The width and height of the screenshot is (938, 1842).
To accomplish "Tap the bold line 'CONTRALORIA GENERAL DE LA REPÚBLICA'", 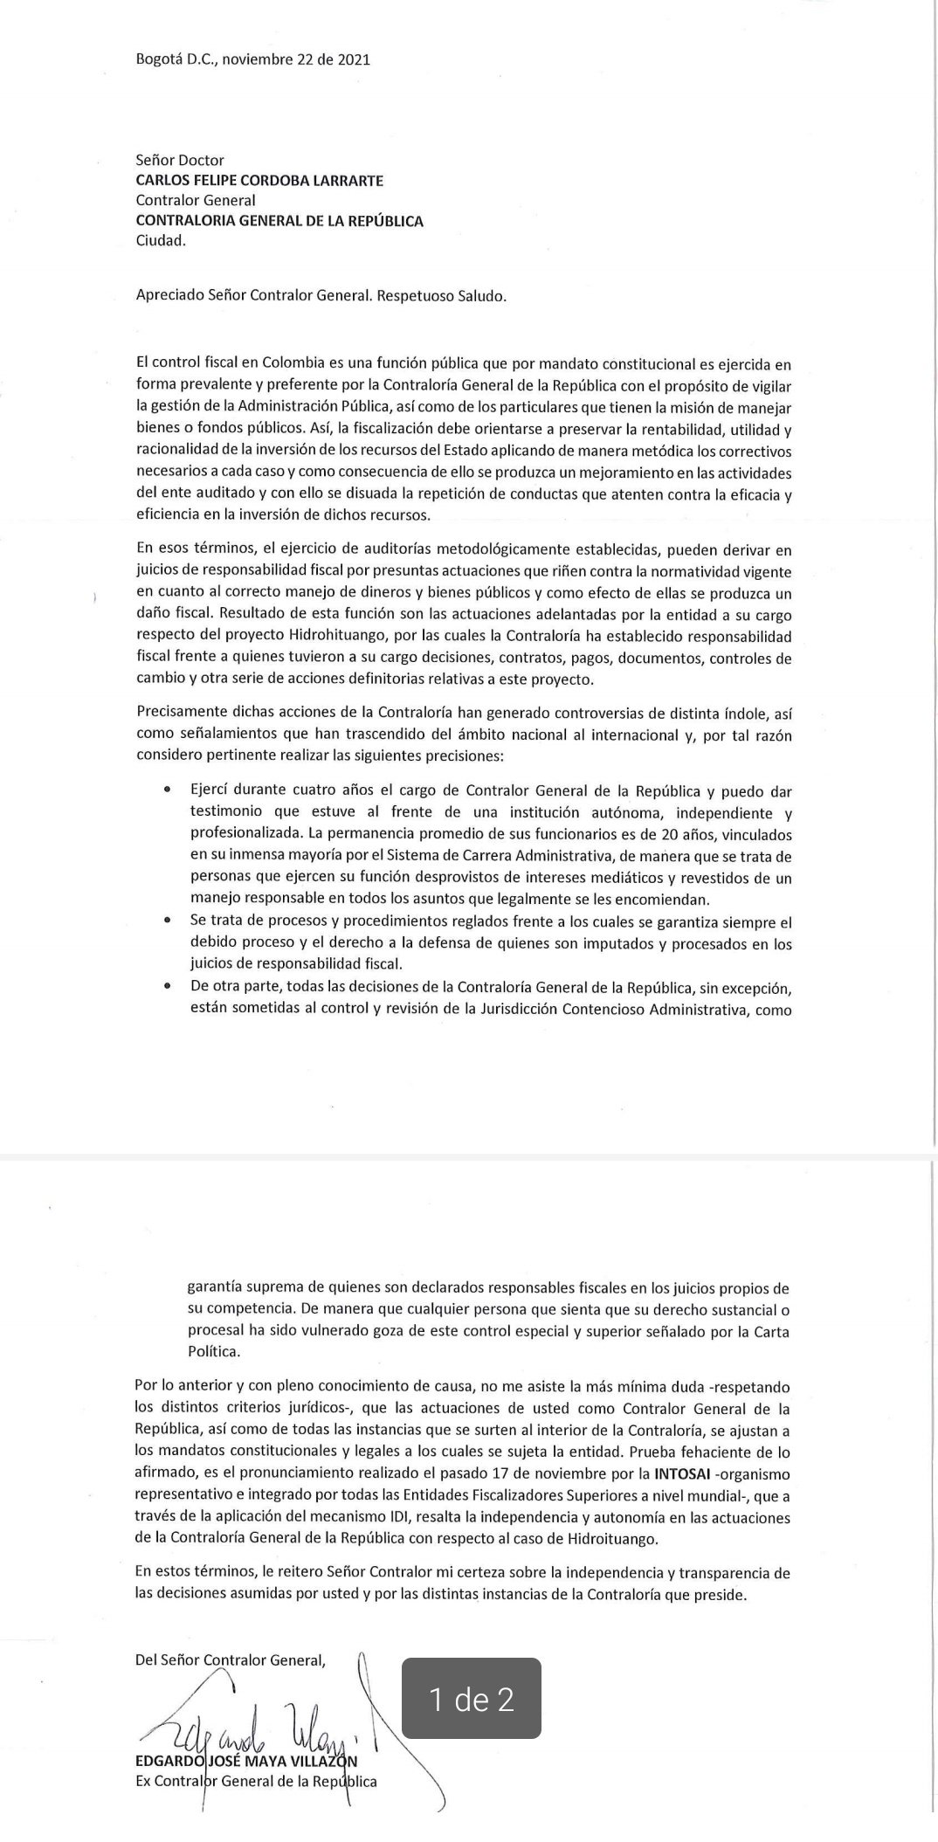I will pos(279,221).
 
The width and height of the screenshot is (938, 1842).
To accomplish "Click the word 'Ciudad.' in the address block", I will pos(161,241).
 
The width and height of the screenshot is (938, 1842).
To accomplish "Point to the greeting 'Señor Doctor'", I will pos(180,161).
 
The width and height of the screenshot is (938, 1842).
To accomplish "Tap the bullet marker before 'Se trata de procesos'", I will pos(166,921).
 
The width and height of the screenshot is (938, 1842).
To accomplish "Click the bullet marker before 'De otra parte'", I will pos(166,986).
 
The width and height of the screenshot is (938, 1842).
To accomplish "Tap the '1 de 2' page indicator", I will pos(471,1700).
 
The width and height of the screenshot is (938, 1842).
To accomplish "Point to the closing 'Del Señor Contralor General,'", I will pos(230,1661).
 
